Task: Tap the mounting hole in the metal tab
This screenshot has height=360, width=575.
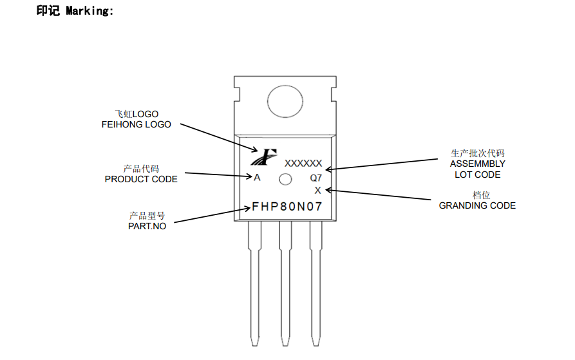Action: [284, 102]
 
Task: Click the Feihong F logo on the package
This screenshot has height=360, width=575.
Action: [265, 156]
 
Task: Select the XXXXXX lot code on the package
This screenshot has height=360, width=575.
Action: [303, 164]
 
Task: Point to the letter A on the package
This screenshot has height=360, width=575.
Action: [257, 178]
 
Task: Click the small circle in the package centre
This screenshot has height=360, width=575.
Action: [285, 180]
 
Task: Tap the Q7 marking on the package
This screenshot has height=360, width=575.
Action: [316, 178]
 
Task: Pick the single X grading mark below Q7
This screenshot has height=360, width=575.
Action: [317, 191]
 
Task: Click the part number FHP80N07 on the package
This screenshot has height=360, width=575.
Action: [287, 207]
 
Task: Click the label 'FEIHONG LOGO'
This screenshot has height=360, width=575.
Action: [137, 124]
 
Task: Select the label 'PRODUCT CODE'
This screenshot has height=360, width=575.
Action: [141, 179]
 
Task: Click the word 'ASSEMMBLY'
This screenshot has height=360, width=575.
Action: [477, 164]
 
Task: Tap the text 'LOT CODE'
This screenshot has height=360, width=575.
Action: [477, 175]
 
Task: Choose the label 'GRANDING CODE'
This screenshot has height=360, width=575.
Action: [477, 205]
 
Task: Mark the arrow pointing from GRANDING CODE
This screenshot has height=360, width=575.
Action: [380, 195]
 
